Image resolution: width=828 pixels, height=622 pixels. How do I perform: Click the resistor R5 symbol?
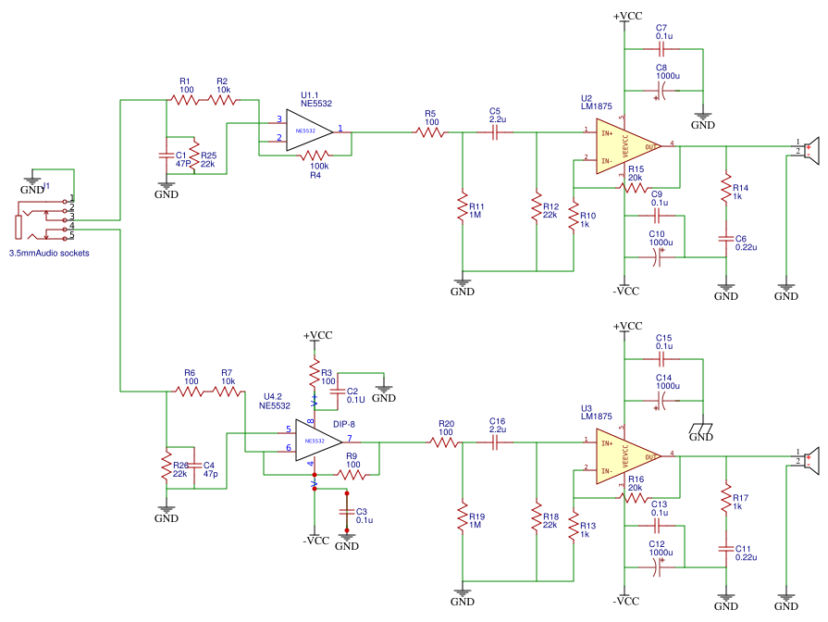431,132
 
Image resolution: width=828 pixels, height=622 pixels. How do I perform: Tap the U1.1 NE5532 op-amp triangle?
309,131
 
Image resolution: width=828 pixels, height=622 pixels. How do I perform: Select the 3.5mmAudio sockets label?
49,253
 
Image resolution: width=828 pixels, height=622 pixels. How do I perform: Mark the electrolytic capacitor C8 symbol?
661,91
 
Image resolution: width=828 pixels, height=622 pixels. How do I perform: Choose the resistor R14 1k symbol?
726,188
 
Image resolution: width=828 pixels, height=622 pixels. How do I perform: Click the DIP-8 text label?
344,424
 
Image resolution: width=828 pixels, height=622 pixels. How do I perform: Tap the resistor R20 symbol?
445,443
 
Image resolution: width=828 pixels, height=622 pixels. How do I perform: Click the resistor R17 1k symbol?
726,498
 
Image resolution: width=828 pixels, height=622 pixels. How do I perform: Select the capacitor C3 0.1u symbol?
347,511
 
